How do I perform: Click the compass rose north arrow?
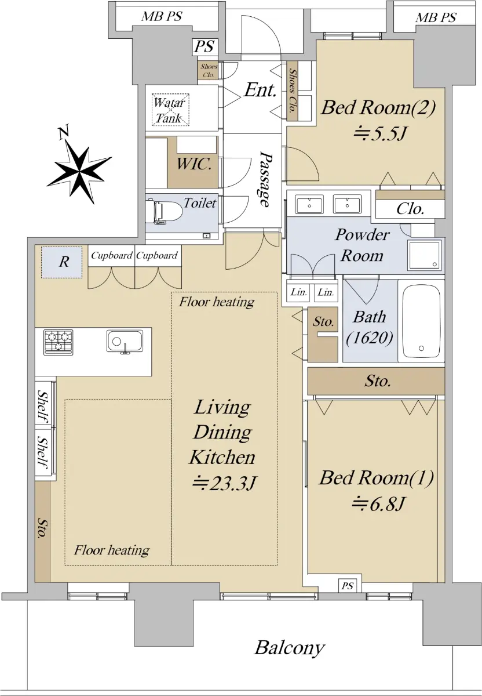(x=79, y=169)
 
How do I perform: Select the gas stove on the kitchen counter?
(x=59, y=342)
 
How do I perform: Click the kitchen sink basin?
(x=125, y=342)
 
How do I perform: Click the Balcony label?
(x=290, y=648)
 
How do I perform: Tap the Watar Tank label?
(x=170, y=110)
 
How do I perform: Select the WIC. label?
(x=194, y=164)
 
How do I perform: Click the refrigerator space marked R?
(x=62, y=262)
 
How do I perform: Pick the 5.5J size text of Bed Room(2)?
(x=381, y=134)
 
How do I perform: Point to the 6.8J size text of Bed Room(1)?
(x=378, y=503)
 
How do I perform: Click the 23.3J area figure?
(x=224, y=483)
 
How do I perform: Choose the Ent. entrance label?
(x=260, y=90)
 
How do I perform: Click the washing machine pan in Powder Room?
(x=425, y=255)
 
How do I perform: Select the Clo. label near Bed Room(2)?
(x=410, y=209)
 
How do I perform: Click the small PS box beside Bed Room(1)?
(x=347, y=586)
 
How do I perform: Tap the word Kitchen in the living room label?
(x=222, y=457)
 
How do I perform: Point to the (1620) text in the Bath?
(x=370, y=338)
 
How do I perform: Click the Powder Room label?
(x=362, y=245)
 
